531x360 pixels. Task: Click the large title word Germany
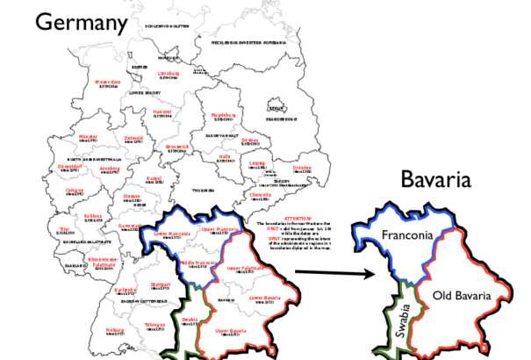click(81, 23)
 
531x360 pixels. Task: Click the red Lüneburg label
click(169, 74)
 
